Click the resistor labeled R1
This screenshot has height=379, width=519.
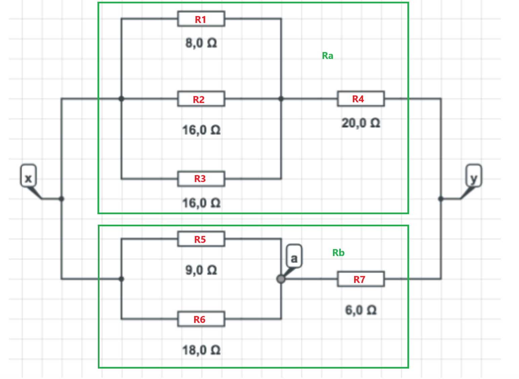(x=201, y=19)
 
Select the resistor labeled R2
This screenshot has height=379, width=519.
(x=201, y=99)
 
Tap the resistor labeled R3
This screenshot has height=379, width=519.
(x=201, y=179)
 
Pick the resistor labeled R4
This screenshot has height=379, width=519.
(x=361, y=99)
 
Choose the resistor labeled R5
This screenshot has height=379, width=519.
(x=201, y=239)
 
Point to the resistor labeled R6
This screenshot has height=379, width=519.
(x=201, y=319)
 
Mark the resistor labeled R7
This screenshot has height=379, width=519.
(x=361, y=279)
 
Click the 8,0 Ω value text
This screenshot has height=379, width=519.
(x=201, y=43)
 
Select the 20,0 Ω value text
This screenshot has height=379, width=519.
(x=361, y=123)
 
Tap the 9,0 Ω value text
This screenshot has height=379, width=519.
(x=201, y=270)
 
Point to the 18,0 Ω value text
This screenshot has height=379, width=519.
(x=201, y=350)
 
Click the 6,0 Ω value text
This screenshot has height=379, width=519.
(x=361, y=310)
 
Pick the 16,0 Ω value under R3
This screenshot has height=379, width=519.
(x=201, y=203)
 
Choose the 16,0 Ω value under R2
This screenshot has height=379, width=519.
(x=201, y=130)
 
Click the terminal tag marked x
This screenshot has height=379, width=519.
(x=28, y=176)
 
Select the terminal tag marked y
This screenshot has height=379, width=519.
(x=474, y=176)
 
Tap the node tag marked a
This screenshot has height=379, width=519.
(x=294, y=257)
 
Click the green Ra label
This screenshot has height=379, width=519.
(x=327, y=55)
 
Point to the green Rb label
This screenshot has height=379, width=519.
(x=338, y=253)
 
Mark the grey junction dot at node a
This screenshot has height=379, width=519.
(x=281, y=279)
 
